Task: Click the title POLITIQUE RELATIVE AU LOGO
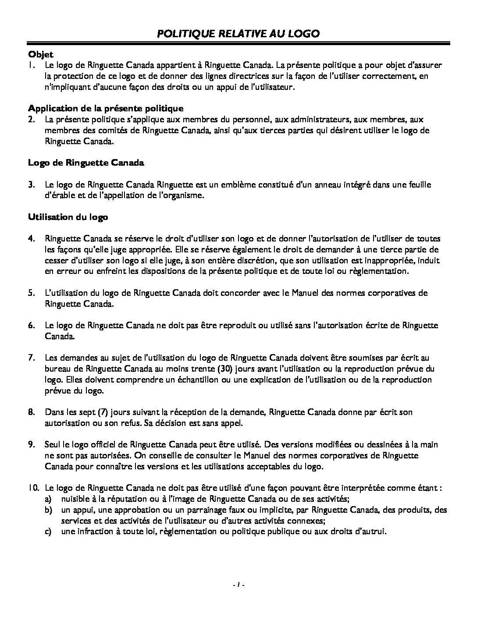click(238, 34)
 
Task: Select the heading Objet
click(40, 54)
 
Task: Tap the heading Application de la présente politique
click(106, 108)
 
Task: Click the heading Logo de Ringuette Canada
click(86, 163)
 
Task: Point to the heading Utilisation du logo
click(68, 217)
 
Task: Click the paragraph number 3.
click(32, 184)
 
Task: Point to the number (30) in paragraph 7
click(240, 369)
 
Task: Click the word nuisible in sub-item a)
click(74, 499)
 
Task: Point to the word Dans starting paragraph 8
click(53, 412)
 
